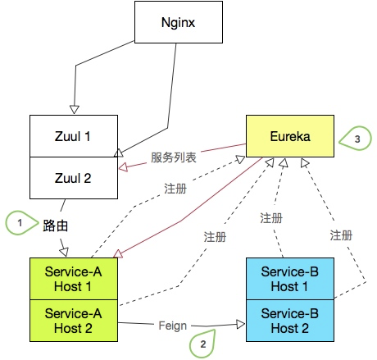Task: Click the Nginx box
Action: tap(179, 22)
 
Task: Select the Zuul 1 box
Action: tap(74, 136)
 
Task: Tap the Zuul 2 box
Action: tap(74, 178)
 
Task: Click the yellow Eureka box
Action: tap(290, 136)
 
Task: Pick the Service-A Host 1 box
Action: tap(74, 279)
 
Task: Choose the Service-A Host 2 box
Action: tap(74, 321)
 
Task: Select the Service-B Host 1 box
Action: tap(290, 279)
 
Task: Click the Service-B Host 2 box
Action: tap(290, 321)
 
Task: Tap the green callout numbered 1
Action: tap(21, 223)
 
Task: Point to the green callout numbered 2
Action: tap(202, 344)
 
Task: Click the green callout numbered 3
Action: tap(356, 139)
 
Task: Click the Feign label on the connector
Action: tap(173, 326)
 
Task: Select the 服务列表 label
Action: tap(174, 157)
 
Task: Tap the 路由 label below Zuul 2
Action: tap(55, 226)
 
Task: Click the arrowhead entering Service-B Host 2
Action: tap(241, 325)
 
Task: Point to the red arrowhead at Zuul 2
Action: tap(123, 167)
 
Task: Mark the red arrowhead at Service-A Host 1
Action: tap(118, 254)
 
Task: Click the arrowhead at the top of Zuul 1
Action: tap(75, 110)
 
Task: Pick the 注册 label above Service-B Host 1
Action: tap(271, 218)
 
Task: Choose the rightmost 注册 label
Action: tap(341, 235)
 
